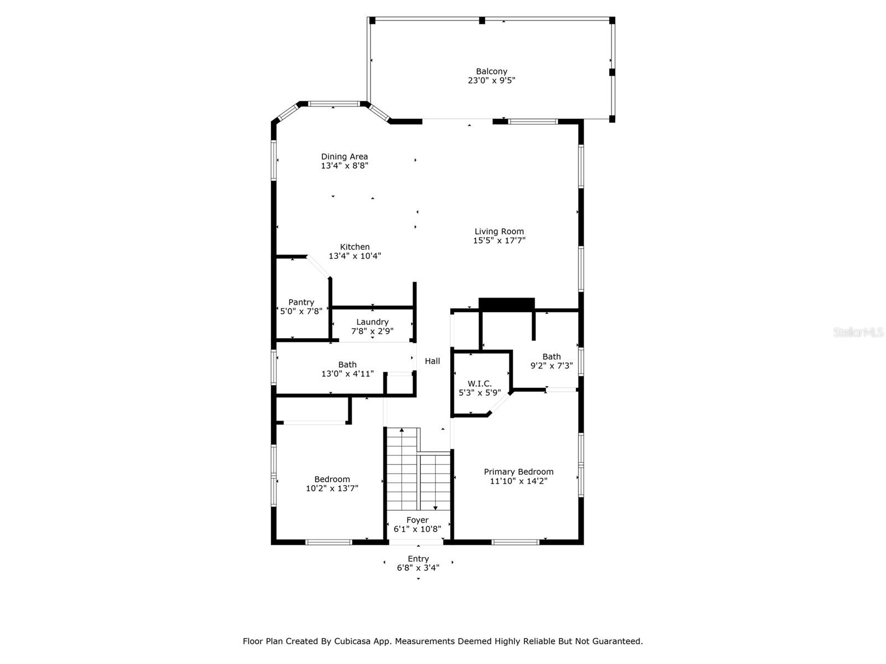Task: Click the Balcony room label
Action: click(x=491, y=71)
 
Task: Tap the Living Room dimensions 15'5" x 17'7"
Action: click(x=499, y=241)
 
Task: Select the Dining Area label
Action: click(x=344, y=157)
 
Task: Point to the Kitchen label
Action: click(x=354, y=247)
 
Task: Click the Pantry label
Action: click(x=301, y=302)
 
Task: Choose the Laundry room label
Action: click(x=372, y=322)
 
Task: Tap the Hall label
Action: click(x=432, y=361)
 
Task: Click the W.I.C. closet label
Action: click(x=480, y=384)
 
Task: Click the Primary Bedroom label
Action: click(x=519, y=471)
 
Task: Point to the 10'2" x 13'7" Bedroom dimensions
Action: click(x=332, y=489)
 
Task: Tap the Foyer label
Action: click(x=418, y=521)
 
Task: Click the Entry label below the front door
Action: click(x=418, y=559)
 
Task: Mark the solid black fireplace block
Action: click(x=507, y=304)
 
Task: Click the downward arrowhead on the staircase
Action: click(x=435, y=508)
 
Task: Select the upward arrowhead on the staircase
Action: click(x=401, y=430)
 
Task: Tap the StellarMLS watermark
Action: click(x=858, y=332)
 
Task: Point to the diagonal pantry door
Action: click(x=319, y=267)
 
